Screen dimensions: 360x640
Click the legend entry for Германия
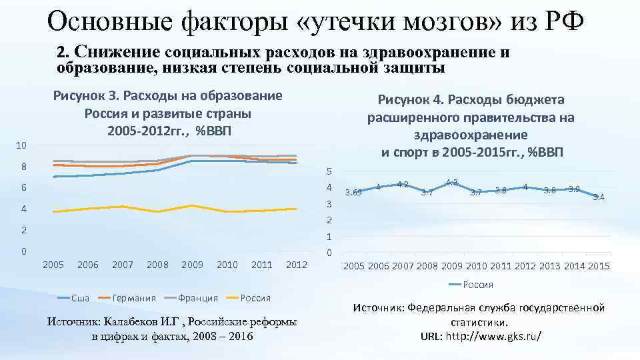tap(133, 297)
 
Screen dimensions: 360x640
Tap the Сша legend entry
tap(80, 297)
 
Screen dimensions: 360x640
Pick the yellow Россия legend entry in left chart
tap(254, 297)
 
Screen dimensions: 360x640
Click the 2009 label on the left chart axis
tap(192, 265)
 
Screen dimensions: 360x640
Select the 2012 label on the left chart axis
tap(296, 265)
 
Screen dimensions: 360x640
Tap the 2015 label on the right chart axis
tap(598, 267)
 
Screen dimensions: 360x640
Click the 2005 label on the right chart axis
tap(354, 267)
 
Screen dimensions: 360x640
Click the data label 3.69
tap(353, 193)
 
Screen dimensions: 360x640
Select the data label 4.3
tap(451, 182)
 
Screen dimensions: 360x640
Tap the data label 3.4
tap(599, 197)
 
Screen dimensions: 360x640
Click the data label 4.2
tap(403, 184)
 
